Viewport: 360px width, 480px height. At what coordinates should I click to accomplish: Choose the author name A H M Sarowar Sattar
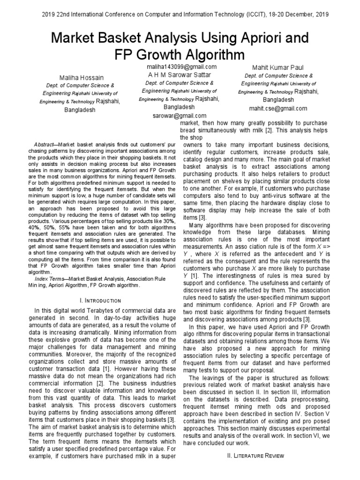[180, 75]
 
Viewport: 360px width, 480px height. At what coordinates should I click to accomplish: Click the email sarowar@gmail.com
[180, 115]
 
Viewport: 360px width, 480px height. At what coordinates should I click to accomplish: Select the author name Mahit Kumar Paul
[278, 67]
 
